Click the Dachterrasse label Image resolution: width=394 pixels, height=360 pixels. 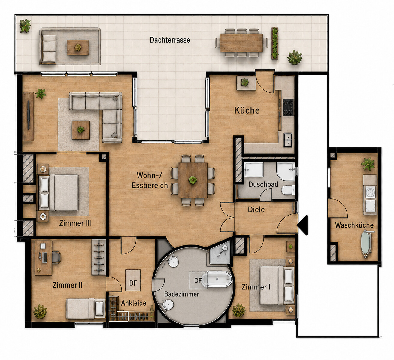[170, 40]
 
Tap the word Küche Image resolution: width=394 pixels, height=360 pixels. [247, 110]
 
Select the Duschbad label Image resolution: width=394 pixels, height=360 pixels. [263, 184]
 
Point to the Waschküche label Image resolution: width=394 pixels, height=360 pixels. [354, 225]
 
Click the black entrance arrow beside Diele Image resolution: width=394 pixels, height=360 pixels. [302, 225]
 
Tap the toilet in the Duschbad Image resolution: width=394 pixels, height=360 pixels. [288, 190]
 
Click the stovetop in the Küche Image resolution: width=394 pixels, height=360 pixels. [288, 107]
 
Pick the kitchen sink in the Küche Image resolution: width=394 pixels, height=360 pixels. [288, 140]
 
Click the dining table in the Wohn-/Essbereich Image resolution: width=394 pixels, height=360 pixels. [193, 180]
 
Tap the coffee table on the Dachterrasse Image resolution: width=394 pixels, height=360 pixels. [78, 47]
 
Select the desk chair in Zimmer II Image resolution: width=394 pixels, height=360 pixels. [56, 258]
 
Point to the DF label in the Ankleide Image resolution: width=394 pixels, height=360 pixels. [133, 283]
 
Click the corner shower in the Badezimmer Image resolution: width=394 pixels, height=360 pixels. [220, 253]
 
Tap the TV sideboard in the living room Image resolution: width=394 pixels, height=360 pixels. [29, 117]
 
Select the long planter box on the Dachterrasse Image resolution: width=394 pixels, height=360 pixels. [275, 43]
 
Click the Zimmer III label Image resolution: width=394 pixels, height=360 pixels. [75, 223]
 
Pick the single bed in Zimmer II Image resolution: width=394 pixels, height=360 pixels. [86, 309]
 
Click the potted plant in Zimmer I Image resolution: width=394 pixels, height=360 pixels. [239, 310]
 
